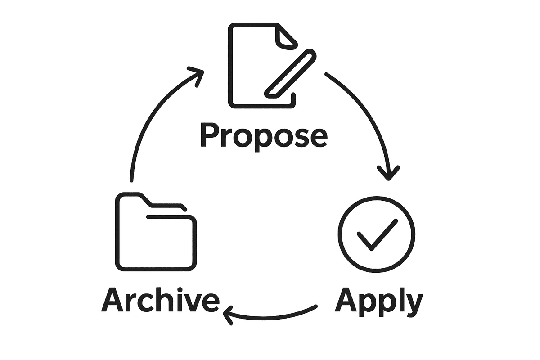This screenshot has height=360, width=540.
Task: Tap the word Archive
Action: (160, 300)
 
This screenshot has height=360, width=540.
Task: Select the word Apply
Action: (378, 300)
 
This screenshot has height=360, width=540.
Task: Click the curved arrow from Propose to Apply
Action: (369, 112)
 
